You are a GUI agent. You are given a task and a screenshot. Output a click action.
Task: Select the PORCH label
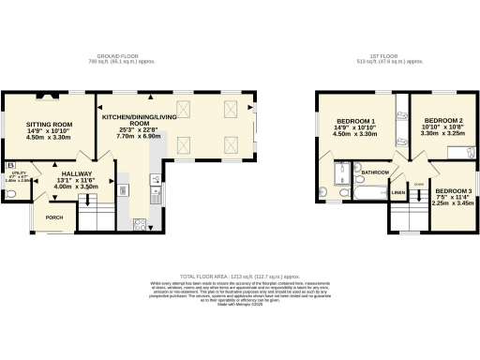(54, 217)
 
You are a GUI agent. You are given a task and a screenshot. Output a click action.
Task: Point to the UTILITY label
(19, 172)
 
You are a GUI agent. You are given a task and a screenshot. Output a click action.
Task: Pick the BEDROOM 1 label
(355, 122)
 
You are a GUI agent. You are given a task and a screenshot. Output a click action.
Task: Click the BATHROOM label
(376, 172)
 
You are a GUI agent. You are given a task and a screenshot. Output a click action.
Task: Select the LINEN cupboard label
(397, 193)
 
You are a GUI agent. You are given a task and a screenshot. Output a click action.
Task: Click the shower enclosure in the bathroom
(343, 172)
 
